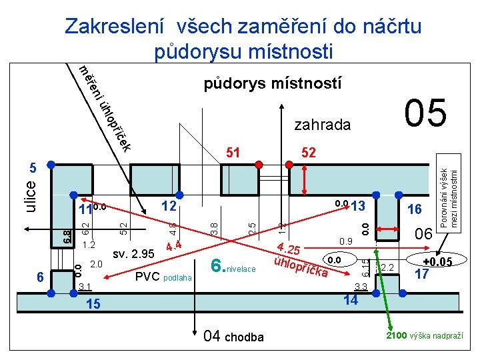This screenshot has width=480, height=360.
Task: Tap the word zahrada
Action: point(322,125)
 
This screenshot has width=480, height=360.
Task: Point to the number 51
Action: point(233,153)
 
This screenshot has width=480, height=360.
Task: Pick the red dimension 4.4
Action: point(174,246)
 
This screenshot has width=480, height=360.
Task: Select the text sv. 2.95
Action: point(133,253)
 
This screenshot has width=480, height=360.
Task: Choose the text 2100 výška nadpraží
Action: point(424,335)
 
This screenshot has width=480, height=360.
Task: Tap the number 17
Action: point(421,273)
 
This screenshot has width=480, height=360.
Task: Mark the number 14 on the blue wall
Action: point(351,301)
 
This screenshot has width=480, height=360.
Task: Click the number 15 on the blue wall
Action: point(94,305)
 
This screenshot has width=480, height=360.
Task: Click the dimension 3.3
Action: point(361,287)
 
